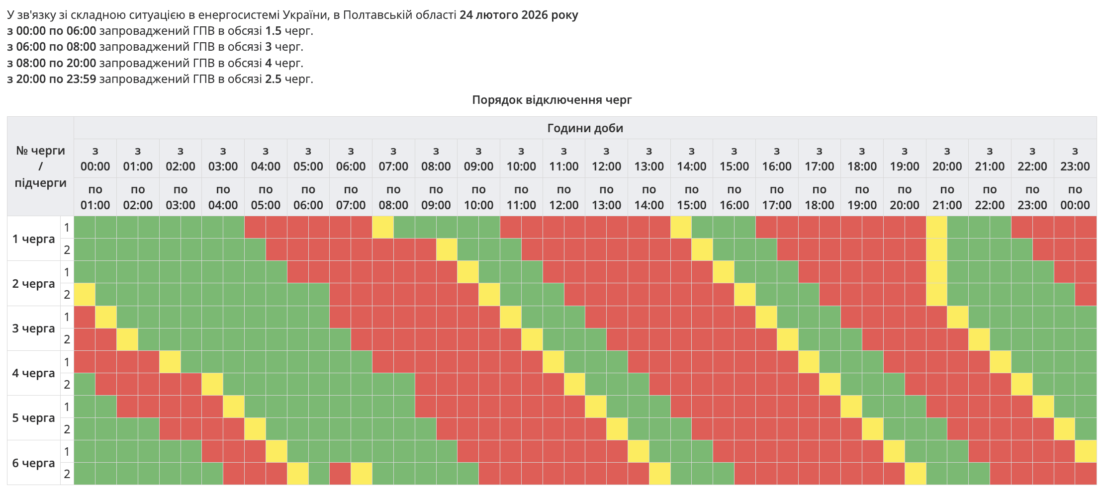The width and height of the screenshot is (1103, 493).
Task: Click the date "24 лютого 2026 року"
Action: (x=519, y=15)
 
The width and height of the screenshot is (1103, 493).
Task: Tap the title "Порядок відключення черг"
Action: (x=551, y=100)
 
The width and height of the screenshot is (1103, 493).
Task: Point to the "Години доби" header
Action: (x=585, y=128)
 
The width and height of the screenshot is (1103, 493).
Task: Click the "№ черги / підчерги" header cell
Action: (x=40, y=166)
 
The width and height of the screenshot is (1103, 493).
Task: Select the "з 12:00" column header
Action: (x=606, y=159)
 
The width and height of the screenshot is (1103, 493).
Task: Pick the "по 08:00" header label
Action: (x=393, y=197)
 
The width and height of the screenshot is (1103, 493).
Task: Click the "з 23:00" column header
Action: (x=1075, y=159)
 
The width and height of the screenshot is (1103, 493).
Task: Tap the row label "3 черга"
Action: (x=33, y=329)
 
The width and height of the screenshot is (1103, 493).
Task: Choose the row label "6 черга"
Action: (x=33, y=463)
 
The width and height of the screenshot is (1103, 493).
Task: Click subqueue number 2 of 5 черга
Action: (x=67, y=429)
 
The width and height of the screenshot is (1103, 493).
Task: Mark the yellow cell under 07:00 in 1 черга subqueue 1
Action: (x=383, y=228)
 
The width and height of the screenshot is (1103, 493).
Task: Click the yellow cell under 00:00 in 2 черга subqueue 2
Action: (x=85, y=295)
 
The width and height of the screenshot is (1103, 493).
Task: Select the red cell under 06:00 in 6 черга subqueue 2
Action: (x=340, y=474)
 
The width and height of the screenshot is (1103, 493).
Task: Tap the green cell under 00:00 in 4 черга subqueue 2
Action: (x=85, y=384)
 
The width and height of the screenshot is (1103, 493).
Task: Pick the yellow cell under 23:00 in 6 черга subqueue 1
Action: (x=1086, y=452)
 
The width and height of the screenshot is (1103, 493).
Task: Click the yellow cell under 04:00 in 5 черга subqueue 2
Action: (x=255, y=429)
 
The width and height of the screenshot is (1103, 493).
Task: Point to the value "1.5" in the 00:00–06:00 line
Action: (x=274, y=31)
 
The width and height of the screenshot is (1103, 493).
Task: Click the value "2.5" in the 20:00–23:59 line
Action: (x=274, y=79)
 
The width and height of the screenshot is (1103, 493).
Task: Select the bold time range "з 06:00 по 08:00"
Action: (x=52, y=47)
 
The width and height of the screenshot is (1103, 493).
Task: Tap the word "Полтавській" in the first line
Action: (x=374, y=15)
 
